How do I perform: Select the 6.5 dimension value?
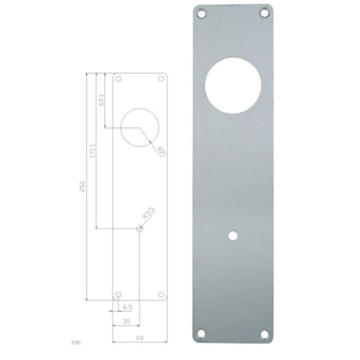tap(127, 307)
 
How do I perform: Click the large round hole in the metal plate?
tap(233, 85)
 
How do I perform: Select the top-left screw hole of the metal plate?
tap(201, 14)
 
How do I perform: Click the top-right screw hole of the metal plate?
tap(265, 14)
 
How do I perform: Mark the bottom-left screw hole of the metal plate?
tap(201, 333)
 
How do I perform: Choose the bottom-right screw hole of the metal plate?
tap(265, 334)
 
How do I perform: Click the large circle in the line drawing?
tap(140, 126)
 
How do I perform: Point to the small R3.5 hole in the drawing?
tap(139, 229)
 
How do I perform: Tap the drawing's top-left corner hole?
tap(118, 79)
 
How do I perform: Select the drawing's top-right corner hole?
tap(161, 79)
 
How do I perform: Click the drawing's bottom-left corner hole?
tap(118, 295)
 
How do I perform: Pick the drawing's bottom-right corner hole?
tap(161, 295)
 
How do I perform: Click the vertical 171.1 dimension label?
tap(92, 150)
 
